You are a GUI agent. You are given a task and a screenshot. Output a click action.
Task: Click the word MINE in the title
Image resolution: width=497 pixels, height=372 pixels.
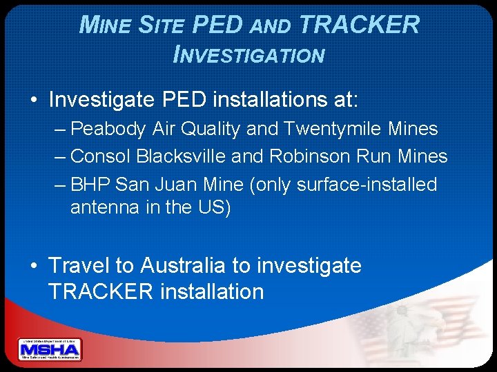coord(106,25)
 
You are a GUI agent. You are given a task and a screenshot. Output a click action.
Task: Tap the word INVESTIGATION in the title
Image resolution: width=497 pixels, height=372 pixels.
coord(248,54)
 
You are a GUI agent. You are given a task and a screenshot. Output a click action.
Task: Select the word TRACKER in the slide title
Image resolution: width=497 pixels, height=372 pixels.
coord(360,25)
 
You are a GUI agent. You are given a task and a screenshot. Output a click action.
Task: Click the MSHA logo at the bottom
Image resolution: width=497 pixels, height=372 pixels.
coord(50,349)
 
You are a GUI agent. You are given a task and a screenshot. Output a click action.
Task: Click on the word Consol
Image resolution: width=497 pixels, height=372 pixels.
coord(101,156)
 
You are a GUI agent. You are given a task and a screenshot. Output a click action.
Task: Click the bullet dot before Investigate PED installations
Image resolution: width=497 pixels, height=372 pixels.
coord(34,101)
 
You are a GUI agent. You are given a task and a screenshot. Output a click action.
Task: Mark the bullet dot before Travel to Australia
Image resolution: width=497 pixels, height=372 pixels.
coord(34,266)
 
